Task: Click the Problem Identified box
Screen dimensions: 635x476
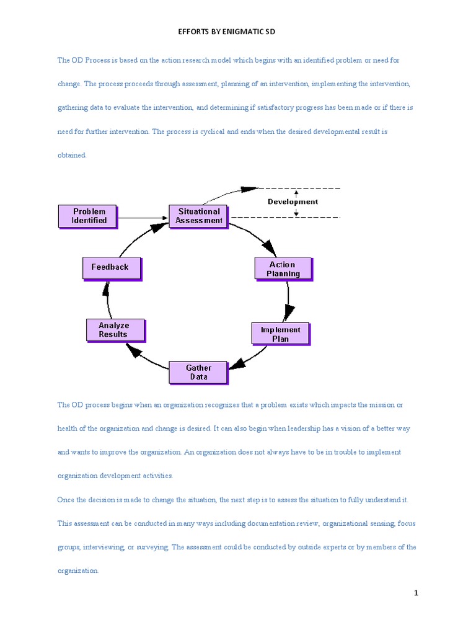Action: (89, 216)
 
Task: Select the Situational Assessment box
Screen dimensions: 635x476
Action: (198, 216)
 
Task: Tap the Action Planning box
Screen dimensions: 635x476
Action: (283, 269)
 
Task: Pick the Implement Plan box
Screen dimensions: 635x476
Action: (280, 334)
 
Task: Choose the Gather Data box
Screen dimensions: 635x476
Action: (198, 373)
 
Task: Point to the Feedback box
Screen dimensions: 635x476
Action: (110, 267)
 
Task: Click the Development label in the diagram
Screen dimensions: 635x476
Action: (293, 202)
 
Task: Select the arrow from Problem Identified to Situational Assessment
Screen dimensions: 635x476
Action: (143, 217)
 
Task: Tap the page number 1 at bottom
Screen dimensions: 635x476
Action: (416, 593)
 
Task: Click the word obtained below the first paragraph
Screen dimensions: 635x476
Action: (72, 155)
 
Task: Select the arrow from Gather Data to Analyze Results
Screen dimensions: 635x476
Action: (146, 357)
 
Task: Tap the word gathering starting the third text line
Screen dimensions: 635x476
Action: (73, 107)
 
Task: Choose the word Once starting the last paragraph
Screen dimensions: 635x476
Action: (66, 499)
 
